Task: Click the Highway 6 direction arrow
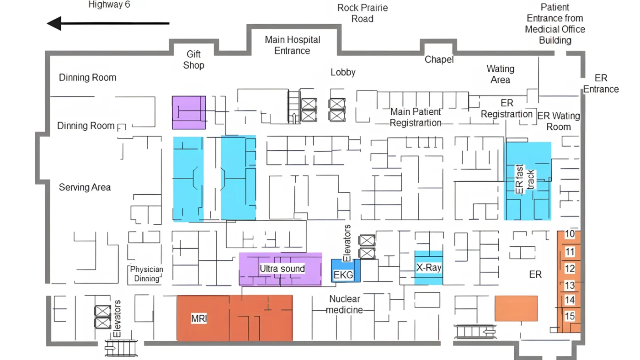click(108, 23)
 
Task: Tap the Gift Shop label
click(194, 60)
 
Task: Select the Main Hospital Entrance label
click(292, 45)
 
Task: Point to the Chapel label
click(439, 59)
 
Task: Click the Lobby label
click(343, 72)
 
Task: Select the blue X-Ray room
click(429, 268)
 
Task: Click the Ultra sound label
click(283, 269)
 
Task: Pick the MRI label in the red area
click(199, 318)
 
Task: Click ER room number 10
click(570, 234)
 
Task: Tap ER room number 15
click(570, 316)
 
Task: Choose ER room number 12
click(570, 269)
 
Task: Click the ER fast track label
click(525, 179)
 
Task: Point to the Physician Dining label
click(147, 274)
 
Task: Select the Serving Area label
click(85, 187)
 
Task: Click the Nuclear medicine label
click(345, 304)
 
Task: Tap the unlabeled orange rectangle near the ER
click(516, 308)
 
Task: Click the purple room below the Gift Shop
click(189, 112)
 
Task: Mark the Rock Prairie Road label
click(363, 13)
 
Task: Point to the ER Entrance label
click(601, 84)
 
